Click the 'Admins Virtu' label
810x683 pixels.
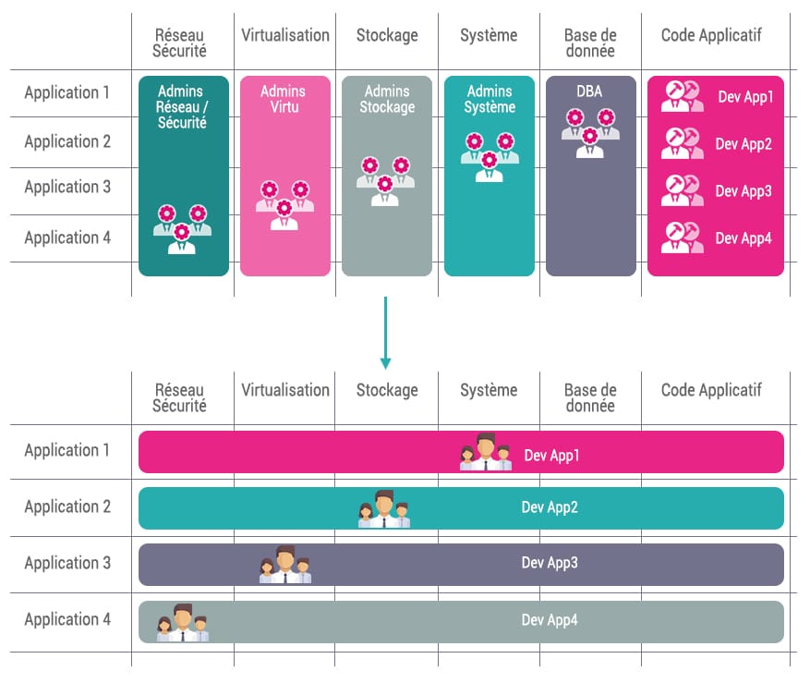[284, 99]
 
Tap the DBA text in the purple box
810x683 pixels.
[589, 91]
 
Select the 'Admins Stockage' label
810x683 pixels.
[387, 99]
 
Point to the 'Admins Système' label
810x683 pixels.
[490, 99]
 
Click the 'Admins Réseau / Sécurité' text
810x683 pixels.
[182, 106]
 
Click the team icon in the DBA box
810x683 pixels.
[590, 133]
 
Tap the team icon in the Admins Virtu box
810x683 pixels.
[284, 205]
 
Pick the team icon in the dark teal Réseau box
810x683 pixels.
[182, 229]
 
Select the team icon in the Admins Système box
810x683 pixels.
[490, 157]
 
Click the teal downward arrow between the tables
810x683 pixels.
[385, 333]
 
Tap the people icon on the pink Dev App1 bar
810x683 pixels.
[486, 452]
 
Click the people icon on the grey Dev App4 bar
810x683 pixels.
[182, 623]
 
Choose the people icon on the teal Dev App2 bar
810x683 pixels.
[384, 508]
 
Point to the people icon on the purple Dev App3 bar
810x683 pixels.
[285, 564]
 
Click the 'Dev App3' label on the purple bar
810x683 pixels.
[550, 563]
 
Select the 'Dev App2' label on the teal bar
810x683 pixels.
[550, 507]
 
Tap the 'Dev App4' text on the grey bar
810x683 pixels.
[550, 620]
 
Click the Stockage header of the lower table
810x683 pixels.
[387, 390]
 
